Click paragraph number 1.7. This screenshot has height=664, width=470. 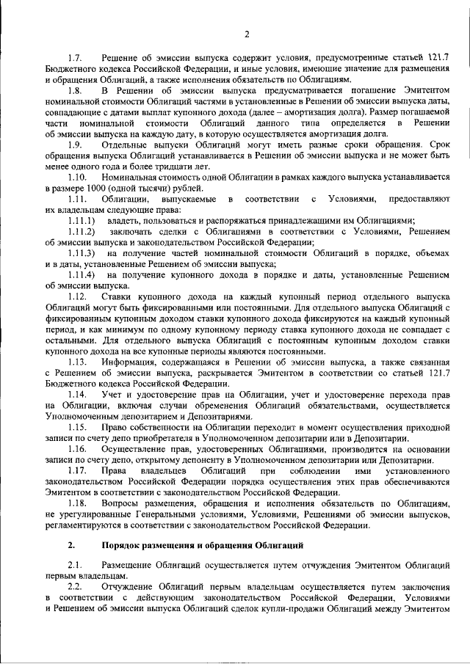point(75,58)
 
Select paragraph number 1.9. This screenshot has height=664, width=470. point(75,145)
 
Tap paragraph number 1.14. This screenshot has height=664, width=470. point(77,394)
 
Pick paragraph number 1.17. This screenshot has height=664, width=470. point(77,470)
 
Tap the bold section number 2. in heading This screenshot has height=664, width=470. point(71,545)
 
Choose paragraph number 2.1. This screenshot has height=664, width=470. point(74,567)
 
